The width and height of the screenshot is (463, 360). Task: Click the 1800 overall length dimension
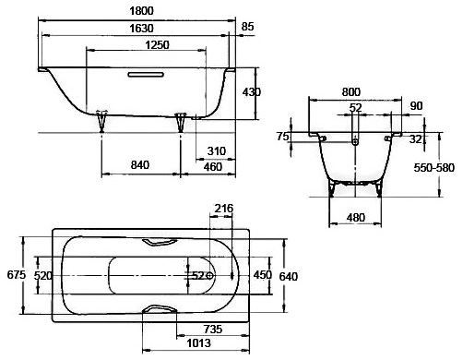point(141,11)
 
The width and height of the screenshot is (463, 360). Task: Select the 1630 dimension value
point(141,29)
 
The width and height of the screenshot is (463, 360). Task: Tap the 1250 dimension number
point(157,45)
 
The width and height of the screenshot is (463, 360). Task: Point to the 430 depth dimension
point(252,92)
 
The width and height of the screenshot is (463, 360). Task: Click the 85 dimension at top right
point(247,27)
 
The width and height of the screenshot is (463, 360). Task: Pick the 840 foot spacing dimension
point(140,165)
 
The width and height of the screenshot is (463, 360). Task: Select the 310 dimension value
point(217,151)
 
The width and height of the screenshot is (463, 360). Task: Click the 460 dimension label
point(213,167)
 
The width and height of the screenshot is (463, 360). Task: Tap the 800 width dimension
point(351,92)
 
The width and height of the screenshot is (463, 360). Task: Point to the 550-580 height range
point(433,168)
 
